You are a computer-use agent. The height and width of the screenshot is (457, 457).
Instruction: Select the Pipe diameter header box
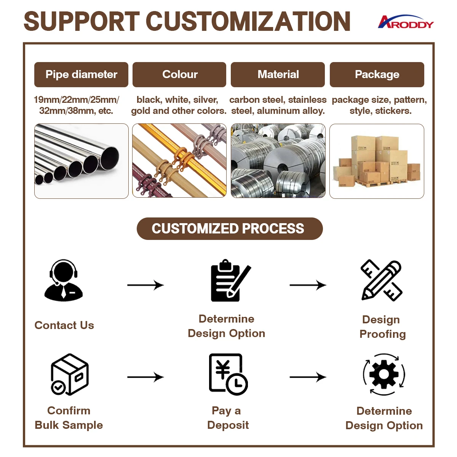tap(81, 75)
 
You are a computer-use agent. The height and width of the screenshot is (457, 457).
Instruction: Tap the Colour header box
tap(179, 75)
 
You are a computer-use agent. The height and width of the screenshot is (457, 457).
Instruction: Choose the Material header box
tap(278, 75)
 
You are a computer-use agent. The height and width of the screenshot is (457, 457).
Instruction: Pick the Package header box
tap(377, 75)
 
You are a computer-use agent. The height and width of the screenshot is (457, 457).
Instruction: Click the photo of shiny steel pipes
tap(81, 161)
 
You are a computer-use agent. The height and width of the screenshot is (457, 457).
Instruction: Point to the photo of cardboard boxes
tap(377, 161)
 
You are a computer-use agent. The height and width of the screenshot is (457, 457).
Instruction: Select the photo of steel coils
tap(278, 161)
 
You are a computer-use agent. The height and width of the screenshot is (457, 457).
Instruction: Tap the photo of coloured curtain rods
tap(179, 161)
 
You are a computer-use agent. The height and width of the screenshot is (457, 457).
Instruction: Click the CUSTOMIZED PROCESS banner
tap(229, 228)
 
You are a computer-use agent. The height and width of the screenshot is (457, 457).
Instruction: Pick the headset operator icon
tap(64, 280)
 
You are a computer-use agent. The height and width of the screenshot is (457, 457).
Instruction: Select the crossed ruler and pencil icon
tap(382, 280)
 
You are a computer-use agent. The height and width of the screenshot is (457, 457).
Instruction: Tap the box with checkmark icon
tap(70, 374)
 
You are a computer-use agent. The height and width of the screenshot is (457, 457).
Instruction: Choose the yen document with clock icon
tap(228, 374)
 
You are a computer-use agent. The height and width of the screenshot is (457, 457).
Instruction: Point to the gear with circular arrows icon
tap(384, 374)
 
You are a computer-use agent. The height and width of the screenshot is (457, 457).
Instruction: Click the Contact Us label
tap(64, 325)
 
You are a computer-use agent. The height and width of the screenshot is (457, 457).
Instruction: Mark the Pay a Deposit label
tap(228, 418)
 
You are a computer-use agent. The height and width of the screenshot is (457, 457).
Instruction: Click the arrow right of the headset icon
tap(145, 285)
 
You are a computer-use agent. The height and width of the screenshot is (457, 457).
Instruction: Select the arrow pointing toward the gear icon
tap(308, 377)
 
